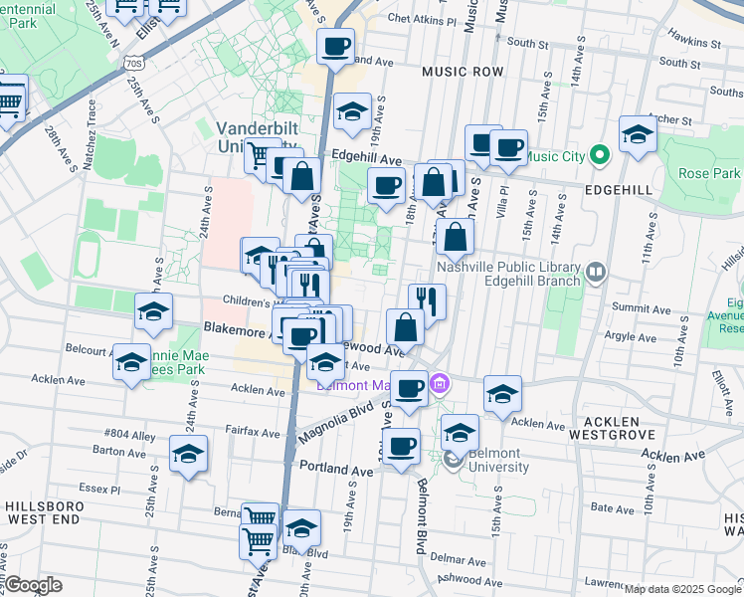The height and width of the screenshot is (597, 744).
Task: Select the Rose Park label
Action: (705, 173)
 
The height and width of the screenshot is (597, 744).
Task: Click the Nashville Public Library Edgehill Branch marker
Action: (596, 270)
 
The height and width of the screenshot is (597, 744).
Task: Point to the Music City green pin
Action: (598, 155)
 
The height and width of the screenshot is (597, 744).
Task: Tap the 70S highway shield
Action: (135, 63)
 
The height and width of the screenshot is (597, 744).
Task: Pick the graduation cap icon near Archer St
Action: (638, 134)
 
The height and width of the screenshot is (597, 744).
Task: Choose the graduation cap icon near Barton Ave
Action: (188, 455)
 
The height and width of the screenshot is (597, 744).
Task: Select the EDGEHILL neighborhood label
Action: (618, 189)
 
